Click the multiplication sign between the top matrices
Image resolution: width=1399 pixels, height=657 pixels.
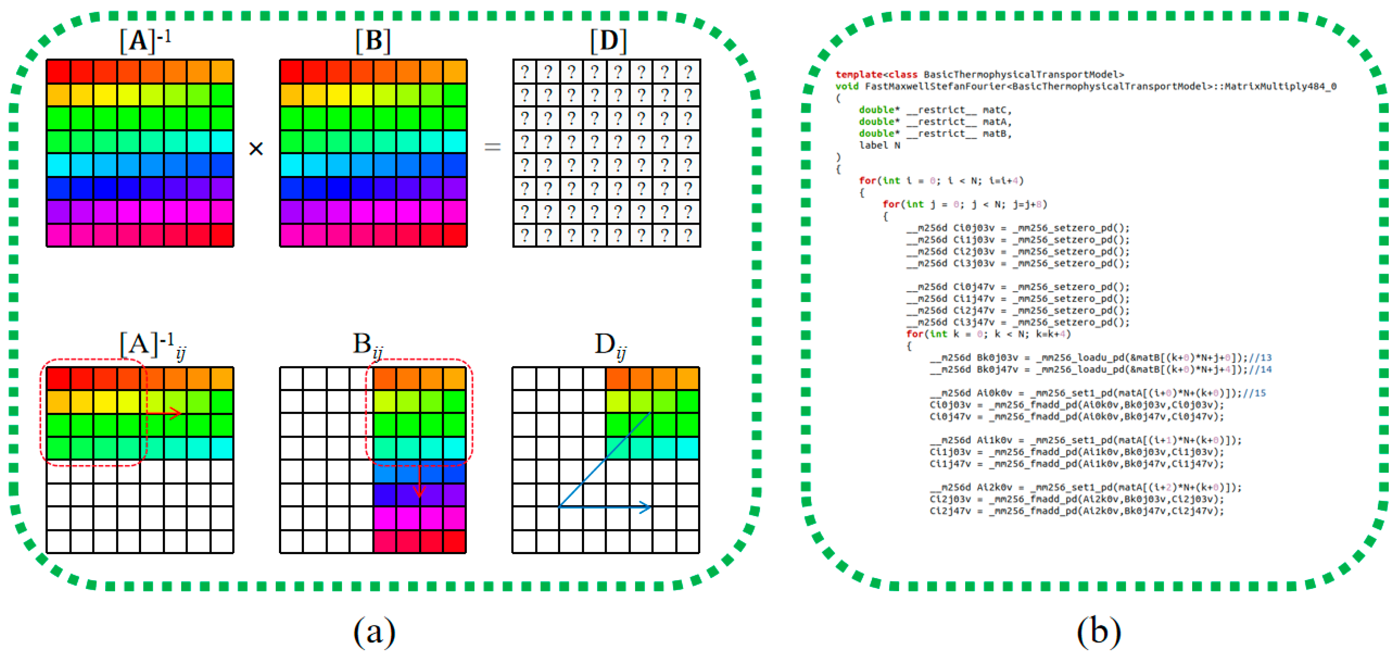(x=256, y=148)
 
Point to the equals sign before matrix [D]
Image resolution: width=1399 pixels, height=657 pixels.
(x=492, y=146)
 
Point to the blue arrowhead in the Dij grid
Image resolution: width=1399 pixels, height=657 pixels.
(x=645, y=507)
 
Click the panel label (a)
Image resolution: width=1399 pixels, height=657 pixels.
(x=374, y=631)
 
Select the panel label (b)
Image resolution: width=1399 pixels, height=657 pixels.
(x=1099, y=631)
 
